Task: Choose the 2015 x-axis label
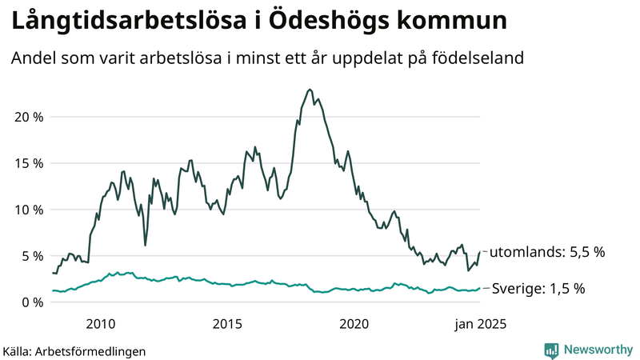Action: (x=227, y=324)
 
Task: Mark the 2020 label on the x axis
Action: (x=354, y=324)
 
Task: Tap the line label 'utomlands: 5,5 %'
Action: (x=547, y=252)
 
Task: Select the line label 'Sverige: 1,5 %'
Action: (x=538, y=289)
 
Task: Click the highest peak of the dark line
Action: (x=310, y=90)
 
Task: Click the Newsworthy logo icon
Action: (x=551, y=350)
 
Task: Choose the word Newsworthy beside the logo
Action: (x=598, y=350)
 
